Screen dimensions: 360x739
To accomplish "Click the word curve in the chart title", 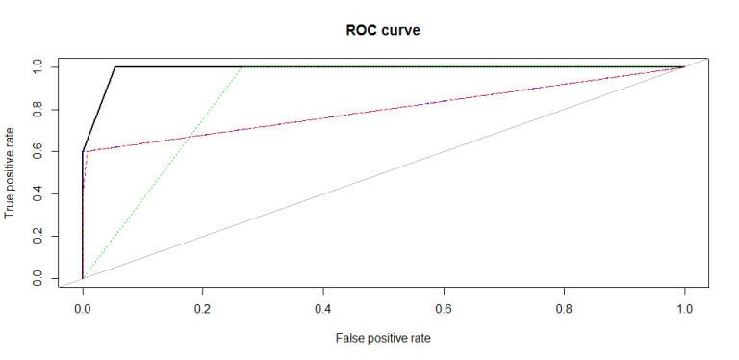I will [x=400, y=30].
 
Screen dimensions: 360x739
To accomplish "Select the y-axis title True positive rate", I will [x=11, y=172].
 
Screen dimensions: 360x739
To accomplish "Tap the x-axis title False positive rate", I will [x=383, y=339].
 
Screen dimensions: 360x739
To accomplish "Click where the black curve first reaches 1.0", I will [x=115, y=66].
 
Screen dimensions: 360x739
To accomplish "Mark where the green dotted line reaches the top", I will [x=242, y=66].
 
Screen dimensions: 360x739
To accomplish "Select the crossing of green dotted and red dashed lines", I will [x=189, y=136].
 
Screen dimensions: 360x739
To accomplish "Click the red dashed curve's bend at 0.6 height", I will [x=85, y=151].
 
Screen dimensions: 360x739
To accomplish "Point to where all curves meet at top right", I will [x=684, y=66].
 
